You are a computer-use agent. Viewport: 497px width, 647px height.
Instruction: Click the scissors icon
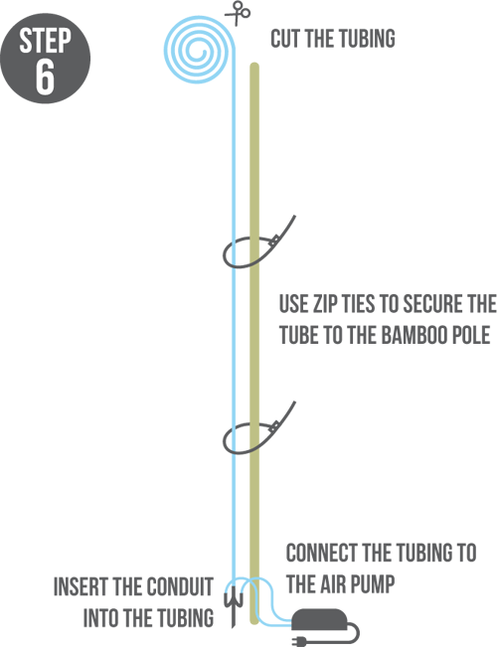click(x=238, y=13)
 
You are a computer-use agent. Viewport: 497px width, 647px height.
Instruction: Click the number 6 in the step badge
click(x=45, y=77)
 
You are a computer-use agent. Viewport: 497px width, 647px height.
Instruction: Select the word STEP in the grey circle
click(x=45, y=41)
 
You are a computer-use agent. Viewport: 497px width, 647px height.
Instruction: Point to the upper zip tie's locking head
click(x=273, y=242)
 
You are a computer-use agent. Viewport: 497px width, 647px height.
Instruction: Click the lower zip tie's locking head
click(x=273, y=427)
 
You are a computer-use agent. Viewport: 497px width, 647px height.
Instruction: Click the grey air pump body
click(x=319, y=619)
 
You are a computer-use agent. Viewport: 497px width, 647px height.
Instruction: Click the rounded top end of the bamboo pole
click(x=254, y=66)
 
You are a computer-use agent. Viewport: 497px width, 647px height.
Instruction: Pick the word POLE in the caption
click(x=474, y=334)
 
